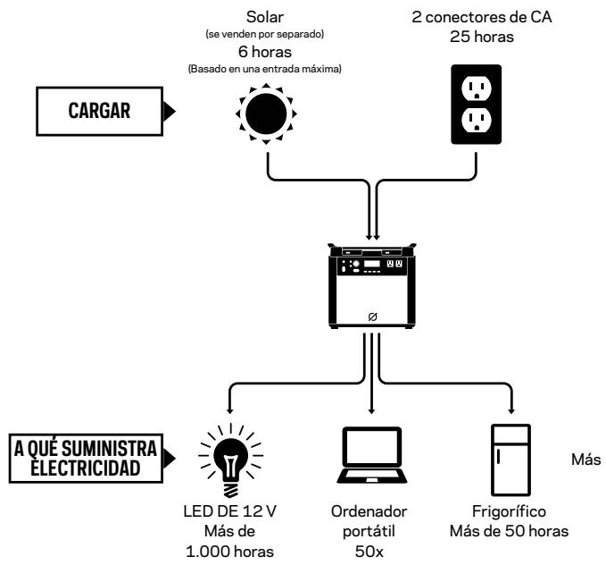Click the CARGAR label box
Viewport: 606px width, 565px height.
(99, 111)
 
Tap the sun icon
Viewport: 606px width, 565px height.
(266, 114)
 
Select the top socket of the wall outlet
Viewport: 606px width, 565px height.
(477, 89)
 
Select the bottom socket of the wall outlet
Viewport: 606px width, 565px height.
(477, 120)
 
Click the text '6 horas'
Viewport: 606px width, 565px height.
(265, 52)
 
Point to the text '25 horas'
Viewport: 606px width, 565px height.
(482, 37)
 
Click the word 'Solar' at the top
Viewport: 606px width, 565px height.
(265, 17)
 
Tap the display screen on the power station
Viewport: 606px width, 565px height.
(372, 264)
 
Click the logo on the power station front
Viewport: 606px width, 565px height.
(372, 316)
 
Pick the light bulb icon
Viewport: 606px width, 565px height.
(231, 460)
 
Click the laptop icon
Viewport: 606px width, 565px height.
(372, 455)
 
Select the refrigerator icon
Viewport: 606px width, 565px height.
(511, 460)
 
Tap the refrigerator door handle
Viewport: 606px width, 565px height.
(499, 456)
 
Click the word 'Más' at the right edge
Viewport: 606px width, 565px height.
(585, 460)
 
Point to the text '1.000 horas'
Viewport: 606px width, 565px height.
(229, 552)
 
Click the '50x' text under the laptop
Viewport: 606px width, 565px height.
(369, 552)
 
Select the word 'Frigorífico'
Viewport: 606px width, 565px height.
(509, 511)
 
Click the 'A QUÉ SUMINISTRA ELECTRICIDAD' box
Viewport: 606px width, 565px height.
(86, 459)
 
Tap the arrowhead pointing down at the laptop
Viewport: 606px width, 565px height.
(371, 411)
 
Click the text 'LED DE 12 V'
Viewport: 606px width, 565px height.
(229, 511)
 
